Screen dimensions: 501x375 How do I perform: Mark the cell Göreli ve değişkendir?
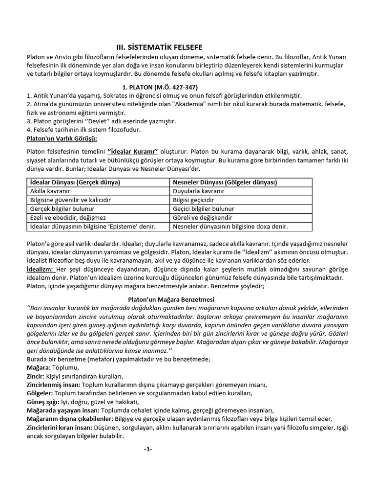tap(203, 217)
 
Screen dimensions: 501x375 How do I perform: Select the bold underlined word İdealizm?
tap(41, 269)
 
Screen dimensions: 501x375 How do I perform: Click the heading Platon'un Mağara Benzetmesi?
tap(167, 299)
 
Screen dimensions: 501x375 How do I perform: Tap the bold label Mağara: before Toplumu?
tap(38, 367)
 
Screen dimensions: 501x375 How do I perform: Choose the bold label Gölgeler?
tap(40, 393)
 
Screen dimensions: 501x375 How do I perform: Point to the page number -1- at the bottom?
tap(148, 449)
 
